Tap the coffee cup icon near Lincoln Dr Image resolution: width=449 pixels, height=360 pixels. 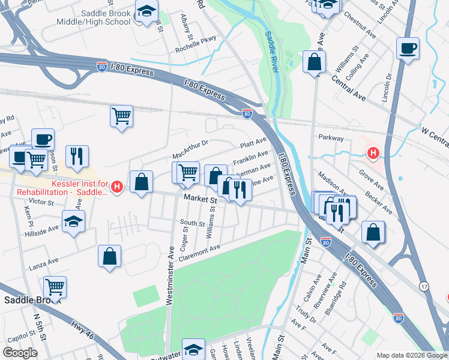[408, 49]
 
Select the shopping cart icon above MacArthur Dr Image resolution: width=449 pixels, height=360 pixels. [121, 116]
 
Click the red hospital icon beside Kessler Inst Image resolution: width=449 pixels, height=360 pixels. [118, 187]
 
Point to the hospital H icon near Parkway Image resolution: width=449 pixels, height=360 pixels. [373, 154]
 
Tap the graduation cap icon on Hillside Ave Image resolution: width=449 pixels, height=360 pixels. [74, 223]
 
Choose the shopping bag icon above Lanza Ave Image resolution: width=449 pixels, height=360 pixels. [110, 256]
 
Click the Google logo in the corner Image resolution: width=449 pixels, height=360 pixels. [20, 353]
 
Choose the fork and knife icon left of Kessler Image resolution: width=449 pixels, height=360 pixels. [77, 157]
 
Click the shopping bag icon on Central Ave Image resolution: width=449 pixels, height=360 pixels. [314, 62]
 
